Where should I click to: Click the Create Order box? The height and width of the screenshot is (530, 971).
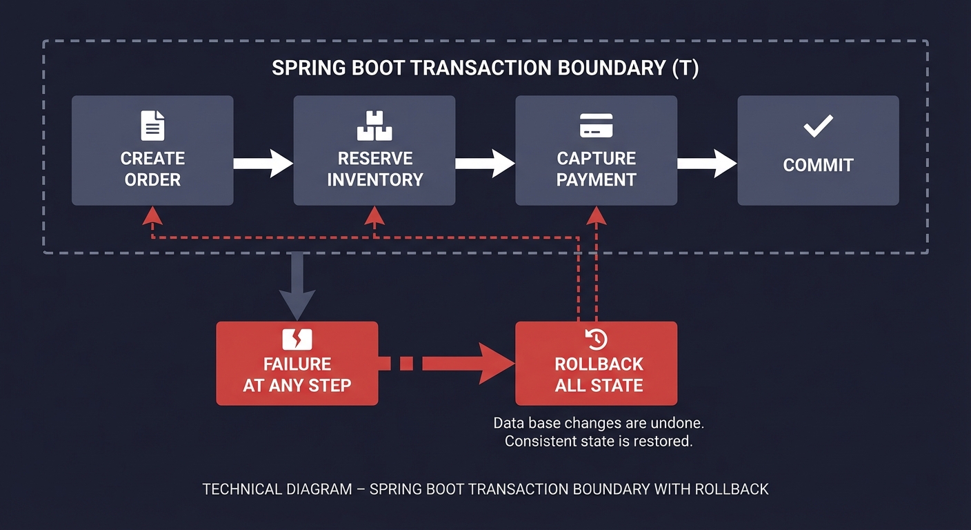(152, 150)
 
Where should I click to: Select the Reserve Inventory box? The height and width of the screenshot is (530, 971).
(374, 150)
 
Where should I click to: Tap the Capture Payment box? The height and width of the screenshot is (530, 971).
(597, 150)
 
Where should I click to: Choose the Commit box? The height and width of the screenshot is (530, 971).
(818, 150)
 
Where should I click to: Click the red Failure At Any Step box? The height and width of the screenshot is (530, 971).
(297, 363)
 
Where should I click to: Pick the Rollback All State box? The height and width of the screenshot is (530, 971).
(597, 363)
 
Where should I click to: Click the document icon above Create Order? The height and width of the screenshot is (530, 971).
(152, 126)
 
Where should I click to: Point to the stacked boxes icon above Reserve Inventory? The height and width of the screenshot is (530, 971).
(374, 126)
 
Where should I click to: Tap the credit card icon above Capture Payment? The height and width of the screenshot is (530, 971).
(597, 126)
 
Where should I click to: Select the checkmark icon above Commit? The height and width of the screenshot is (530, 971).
(819, 126)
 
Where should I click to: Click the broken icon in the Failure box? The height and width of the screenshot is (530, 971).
(297, 339)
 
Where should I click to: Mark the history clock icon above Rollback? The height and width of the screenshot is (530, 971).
(597, 339)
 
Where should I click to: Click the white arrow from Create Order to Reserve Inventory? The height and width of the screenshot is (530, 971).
(263, 164)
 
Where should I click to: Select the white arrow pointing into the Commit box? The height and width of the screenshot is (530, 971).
(708, 164)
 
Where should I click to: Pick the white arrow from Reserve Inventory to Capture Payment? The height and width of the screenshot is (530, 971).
(485, 164)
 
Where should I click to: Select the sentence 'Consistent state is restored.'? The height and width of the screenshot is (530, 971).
(598, 441)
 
